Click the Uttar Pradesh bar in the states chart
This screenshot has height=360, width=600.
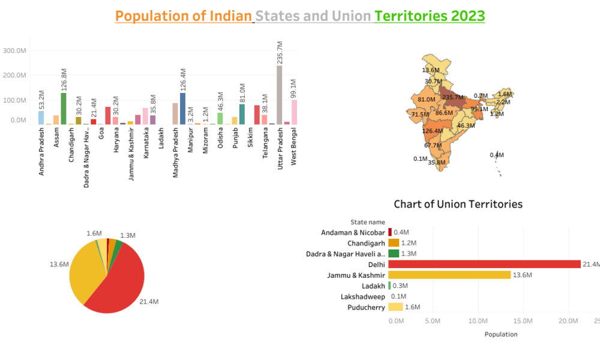pos(279,95)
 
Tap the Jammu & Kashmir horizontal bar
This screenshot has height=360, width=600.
pos(449,275)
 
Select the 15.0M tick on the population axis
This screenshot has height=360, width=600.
pos(523,321)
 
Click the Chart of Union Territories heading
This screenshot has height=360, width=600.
pos(458,204)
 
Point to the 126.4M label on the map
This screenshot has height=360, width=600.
pos(431,130)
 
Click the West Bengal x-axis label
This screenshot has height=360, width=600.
pos(294,151)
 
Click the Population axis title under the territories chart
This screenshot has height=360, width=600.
pos(500,334)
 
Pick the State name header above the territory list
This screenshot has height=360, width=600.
pos(368,222)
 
